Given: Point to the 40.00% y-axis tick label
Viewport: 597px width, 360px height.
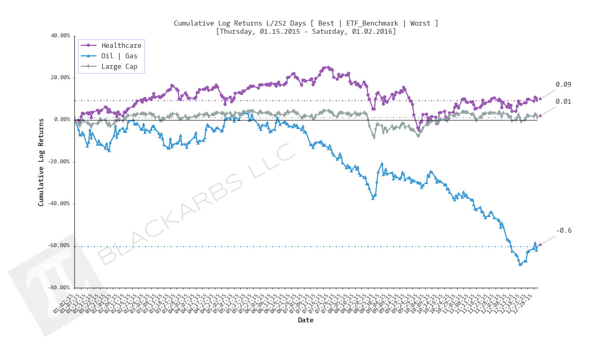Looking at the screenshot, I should click(61, 36).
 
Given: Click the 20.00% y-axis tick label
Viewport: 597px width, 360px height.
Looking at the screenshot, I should click(61, 78).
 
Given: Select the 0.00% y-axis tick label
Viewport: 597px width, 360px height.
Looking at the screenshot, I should click(62, 119).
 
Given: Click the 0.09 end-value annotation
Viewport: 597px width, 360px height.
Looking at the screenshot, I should click(563, 85).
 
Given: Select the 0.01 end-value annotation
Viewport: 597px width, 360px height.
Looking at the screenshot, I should click(563, 102).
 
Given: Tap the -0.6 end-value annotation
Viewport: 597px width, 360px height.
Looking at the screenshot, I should click(564, 231).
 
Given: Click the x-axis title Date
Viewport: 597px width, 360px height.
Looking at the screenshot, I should click(306, 320).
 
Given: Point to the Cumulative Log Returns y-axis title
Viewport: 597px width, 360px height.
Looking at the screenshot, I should click(41, 162).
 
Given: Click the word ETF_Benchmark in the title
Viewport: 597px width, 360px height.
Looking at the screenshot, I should click(372, 23).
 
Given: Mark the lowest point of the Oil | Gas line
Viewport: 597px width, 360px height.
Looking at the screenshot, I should click(520, 264).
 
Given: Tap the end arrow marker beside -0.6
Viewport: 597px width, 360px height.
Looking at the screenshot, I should click(540, 244).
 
